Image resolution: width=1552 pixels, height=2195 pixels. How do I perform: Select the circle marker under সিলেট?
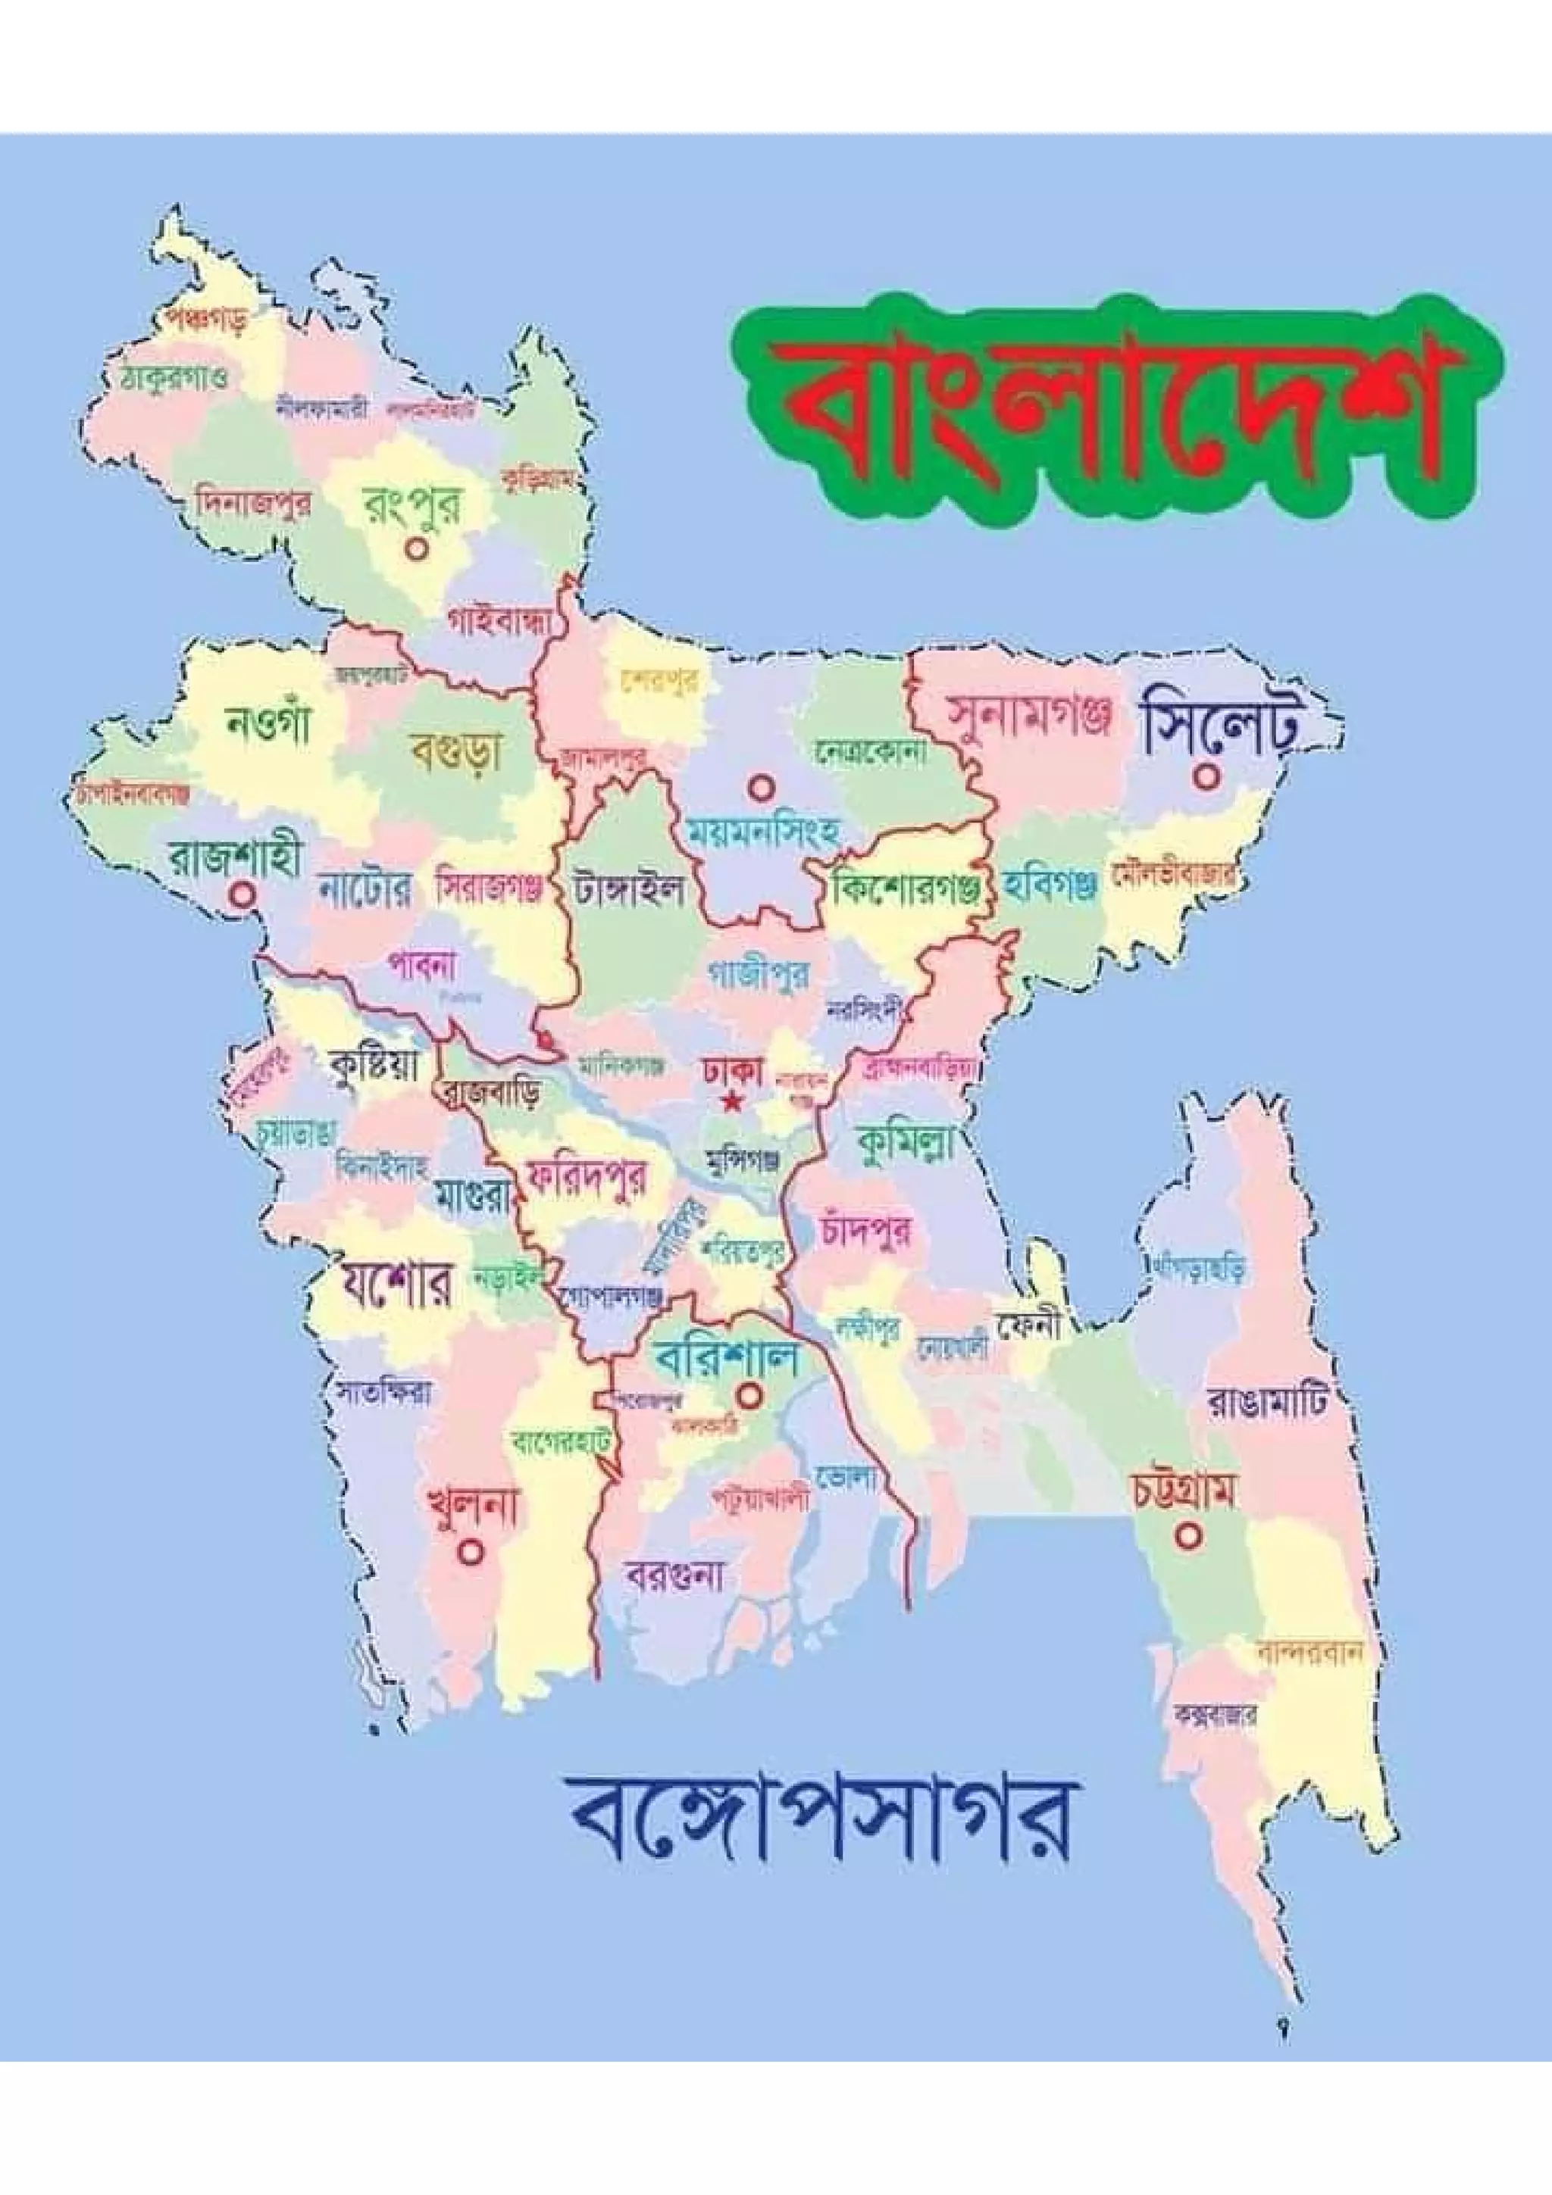[x=1206, y=777]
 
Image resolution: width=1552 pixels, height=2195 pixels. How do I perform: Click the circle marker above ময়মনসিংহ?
[x=760, y=788]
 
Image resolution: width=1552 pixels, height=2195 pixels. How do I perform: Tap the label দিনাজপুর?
[x=252, y=504]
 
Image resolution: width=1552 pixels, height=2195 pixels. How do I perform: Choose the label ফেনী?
[x=1030, y=1327]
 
